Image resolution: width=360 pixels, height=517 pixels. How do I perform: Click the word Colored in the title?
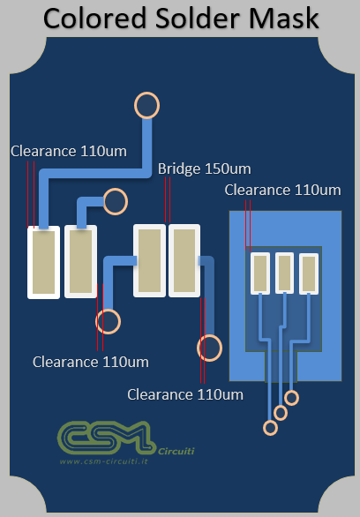(x=95, y=19)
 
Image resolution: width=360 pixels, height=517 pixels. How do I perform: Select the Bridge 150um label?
(x=205, y=169)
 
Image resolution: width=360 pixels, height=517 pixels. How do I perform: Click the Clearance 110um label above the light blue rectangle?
(x=283, y=191)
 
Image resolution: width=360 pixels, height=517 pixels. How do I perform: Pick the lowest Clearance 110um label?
(x=185, y=394)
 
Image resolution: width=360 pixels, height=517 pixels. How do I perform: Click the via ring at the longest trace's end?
(x=147, y=105)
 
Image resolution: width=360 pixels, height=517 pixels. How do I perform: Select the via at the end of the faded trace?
(x=209, y=348)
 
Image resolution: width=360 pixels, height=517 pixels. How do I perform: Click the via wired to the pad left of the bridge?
(x=109, y=321)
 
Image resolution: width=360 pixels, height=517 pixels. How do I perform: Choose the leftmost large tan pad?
(x=43, y=262)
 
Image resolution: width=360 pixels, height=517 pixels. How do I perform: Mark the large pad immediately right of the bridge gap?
(x=184, y=260)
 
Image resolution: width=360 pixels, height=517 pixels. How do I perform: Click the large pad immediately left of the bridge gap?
(x=149, y=260)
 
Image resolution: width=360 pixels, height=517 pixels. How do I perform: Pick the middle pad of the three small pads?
(x=284, y=273)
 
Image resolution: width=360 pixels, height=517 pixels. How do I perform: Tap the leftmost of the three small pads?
(x=260, y=273)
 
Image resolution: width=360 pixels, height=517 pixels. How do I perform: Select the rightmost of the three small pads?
(x=309, y=273)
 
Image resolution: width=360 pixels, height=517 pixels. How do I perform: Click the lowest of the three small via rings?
(x=270, y=428)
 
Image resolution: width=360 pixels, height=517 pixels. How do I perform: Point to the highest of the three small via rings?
(x=291, y=398)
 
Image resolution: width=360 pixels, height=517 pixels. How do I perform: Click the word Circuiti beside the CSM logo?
(x=176, y=451)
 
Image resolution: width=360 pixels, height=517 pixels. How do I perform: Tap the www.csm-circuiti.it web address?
(x=104, y=461)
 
